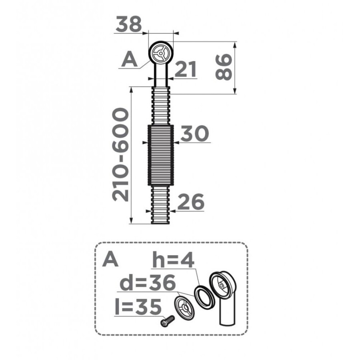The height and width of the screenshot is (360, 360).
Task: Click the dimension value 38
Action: pyautogui.click(x=128, y=24)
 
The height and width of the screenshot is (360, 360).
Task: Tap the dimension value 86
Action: pyautogui.click(x=224, y=67)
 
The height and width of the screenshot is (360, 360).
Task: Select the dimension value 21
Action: pyautogui.click(x=186, y=69)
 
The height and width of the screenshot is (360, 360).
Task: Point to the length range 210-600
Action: pyautogui.click(x=120, y=154)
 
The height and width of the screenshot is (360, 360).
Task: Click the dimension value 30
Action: pyautogui.click(x=195, y=133)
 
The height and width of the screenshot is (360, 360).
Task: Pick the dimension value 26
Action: pyautogui.click(x=191, y=202)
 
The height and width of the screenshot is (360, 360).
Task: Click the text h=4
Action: pyautogui.click(x=174, y=260)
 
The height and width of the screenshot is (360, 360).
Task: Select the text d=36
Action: pyautogui.click(x=148, y=283)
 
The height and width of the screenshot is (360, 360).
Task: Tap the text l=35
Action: pyautogui.click(x=138, y=307)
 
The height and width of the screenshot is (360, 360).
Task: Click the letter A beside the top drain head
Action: pyautogui.click(x=130, y=59)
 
